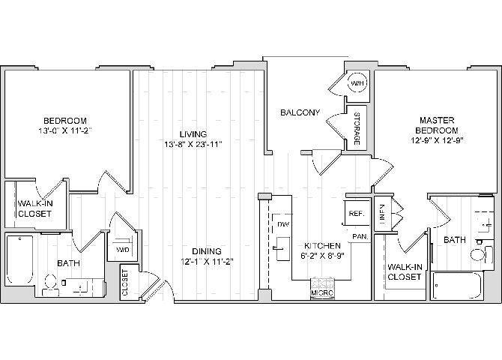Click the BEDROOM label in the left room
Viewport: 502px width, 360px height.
tap(64, 121)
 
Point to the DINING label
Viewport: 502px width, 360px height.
tap(205, 250)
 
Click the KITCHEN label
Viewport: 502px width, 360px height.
tap(322, 246)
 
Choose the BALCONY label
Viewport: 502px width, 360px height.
tap(300, 113)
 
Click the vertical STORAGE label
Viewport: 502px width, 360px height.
tap(357, 129)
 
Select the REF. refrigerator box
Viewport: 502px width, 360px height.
tap(356, 214)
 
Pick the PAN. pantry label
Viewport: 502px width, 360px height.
tap(360, 237)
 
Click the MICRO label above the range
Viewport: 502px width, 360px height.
tap(323, 292)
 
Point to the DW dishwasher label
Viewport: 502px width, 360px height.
tap(283, 224)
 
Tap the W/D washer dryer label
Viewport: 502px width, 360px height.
tap(121, 249)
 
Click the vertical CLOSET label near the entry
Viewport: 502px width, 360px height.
tap(124, 283)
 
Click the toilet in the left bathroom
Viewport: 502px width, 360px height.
tap(51, 283)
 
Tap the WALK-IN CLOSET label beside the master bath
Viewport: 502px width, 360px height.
tap(405, 271)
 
